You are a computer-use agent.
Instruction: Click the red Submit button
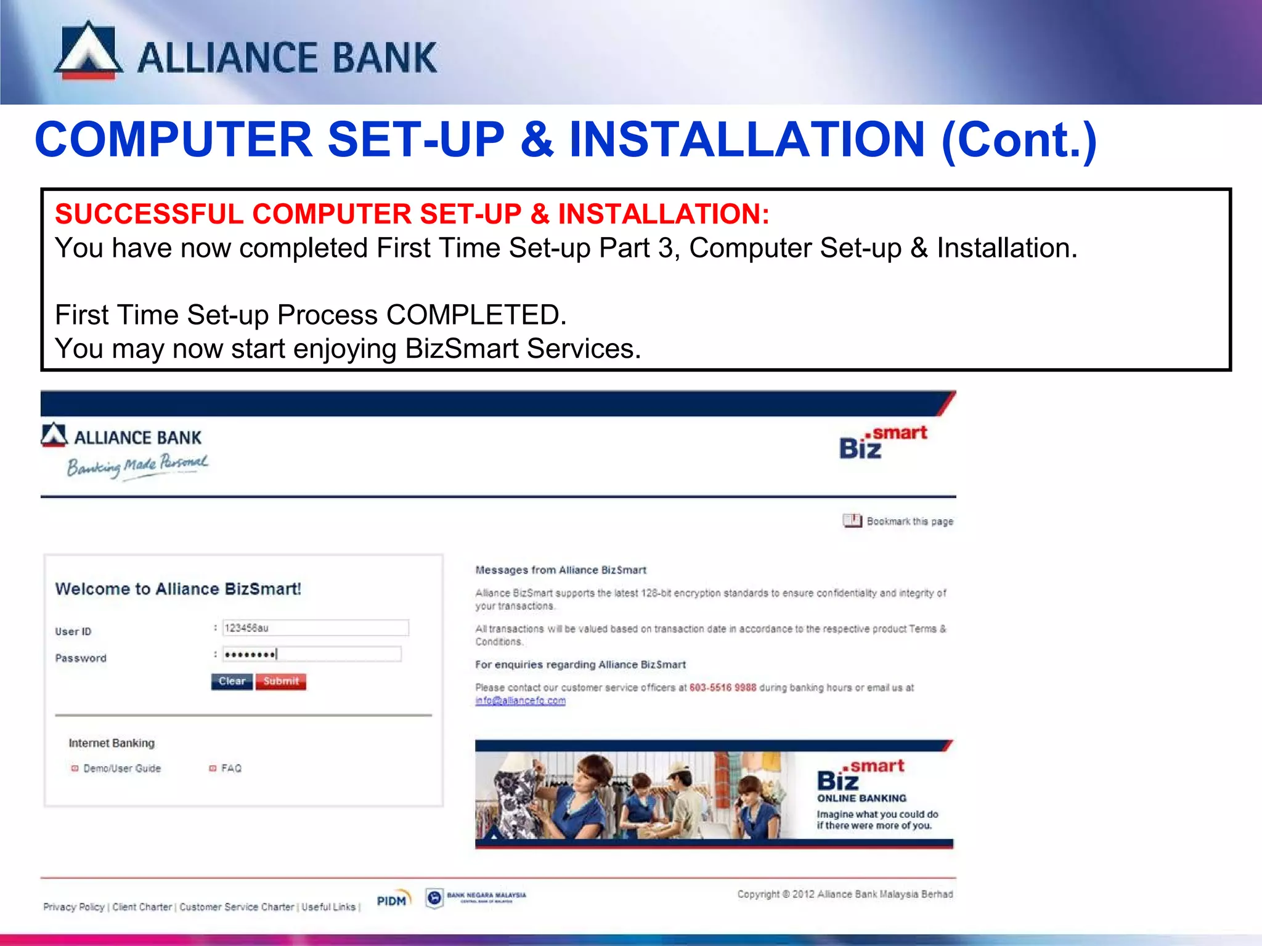point(281,681)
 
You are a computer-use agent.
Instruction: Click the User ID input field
point(315,628)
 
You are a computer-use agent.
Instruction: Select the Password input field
point(311,654)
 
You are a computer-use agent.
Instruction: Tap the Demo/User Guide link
point(121,769)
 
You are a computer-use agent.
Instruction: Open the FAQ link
point(231,769)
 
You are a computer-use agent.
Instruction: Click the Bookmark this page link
point(910,522)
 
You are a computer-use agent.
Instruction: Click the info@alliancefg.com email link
point(520,701)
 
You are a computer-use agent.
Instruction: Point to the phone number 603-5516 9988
point(722,687)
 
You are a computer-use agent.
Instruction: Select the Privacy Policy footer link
point(74,907)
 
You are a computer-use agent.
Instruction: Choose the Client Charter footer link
point(142,907)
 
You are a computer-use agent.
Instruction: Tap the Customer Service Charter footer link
point(237,907)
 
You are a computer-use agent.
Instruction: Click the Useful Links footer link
point(328,907)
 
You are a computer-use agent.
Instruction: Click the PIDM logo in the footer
point(393,899)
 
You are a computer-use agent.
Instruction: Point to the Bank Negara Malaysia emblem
point(434,898)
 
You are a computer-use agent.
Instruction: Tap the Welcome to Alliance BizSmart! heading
point(178,589)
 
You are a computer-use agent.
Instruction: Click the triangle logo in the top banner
point(89,51)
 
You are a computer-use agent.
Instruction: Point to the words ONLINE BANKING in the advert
point(861,798)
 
